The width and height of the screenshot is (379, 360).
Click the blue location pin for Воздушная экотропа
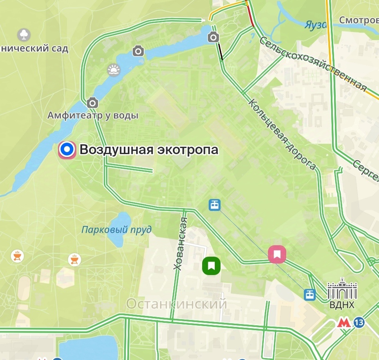pyautogui.click(x=66, y=150)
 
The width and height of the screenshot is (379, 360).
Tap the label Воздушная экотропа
pyautogui.click(x=149, y=150)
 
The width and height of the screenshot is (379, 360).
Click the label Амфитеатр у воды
pyautogui.click(x=93, y=116)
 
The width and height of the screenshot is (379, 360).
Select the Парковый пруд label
pyautogui.click(x=116, y=229)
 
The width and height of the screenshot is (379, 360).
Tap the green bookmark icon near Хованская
pyautogui.click(x=211, y=266)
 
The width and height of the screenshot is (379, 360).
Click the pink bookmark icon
pyautogui.click(x=277, y=255)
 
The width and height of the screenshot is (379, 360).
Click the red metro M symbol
pyautogui.click(x=344, y=323)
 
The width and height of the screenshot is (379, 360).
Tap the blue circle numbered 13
pyautogui.click(x=359, y=323)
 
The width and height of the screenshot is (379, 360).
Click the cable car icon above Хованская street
pyautogui.click(x=214, y=204)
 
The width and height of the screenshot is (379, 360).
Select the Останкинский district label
pyautogui.click(x=176, y=304)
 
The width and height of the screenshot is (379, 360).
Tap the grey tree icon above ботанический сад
pyautogui.click(x=24, y=34)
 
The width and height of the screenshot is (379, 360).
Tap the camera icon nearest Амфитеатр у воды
pyautogui.click(x=92, y=102)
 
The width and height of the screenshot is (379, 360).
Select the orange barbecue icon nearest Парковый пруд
pyautogui.click(x=74, y=259)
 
